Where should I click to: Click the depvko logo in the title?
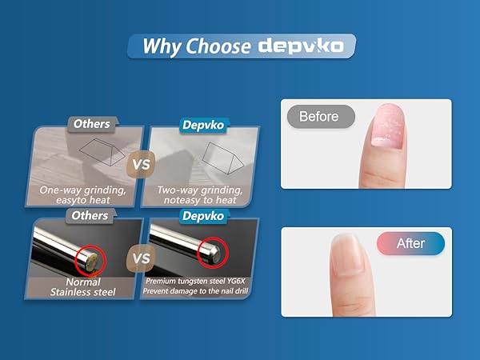point(301,46)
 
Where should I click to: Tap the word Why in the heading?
point(161,46)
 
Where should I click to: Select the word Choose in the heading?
point(218,46)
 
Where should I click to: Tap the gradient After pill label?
point(410,243)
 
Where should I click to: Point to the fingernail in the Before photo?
point(387,126)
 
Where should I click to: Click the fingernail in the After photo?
point(347,254)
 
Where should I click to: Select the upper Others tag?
point(92,124)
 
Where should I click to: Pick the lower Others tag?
point(90,216)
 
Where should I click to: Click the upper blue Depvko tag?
point(203,126)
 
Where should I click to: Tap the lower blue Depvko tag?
point(203,216)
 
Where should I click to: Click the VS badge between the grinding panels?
point(141,164)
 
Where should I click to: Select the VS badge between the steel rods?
point(141,258)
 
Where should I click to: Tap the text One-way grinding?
point(82,190)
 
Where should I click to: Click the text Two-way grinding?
point(200,190)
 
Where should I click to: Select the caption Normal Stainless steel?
point(83,287)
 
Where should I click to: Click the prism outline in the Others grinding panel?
point(102,152)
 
